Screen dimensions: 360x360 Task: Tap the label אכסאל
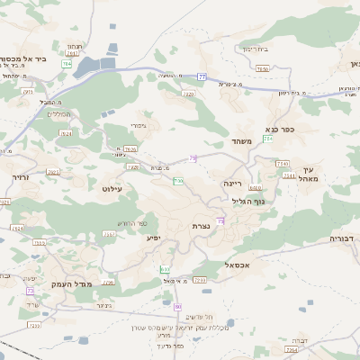coord(221,265)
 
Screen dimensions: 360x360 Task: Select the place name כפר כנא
coord(288,129)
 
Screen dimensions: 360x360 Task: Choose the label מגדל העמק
coord(63,283)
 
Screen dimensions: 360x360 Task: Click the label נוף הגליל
coord(246,202)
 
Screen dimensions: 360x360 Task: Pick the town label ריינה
coord(235,183)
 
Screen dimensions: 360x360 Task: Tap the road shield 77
coord(202,77)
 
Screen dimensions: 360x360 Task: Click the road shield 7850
coord(262,68)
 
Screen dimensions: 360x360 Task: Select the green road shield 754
coord(268,139)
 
